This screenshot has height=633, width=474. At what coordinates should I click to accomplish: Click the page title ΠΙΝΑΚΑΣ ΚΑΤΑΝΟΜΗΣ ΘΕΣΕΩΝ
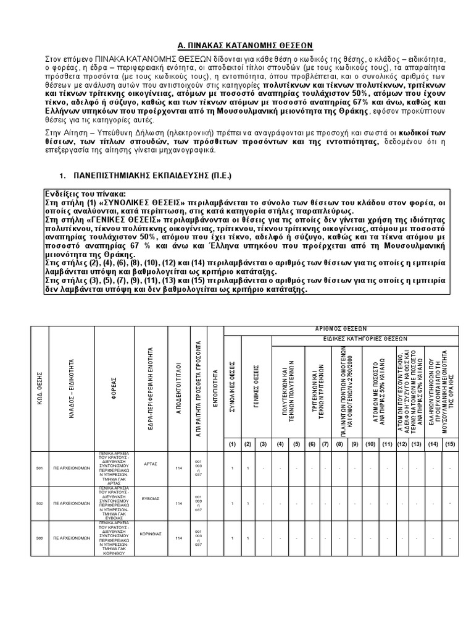(237, 45)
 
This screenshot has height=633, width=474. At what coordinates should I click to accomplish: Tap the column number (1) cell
(232, 444)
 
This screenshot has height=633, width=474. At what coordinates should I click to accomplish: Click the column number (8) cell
(339, 444)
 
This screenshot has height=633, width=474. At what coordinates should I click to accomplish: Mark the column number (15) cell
(451, 444)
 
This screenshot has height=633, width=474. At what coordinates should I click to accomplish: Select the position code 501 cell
(39, 469)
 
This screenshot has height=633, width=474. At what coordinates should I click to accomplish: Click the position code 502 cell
(39, 503)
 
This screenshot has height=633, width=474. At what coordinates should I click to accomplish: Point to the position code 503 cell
(39, 538)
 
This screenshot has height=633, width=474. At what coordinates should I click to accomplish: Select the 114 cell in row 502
(178, 503)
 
